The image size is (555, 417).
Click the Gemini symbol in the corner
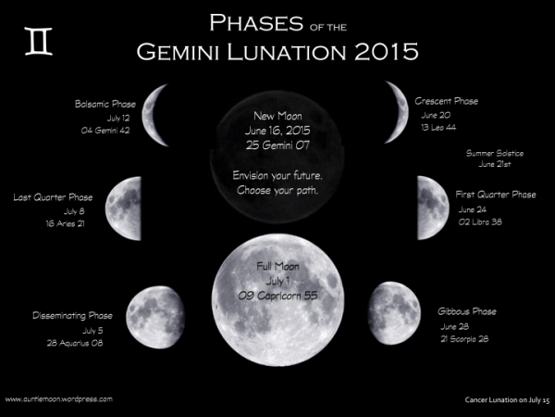click(x=39, y=43)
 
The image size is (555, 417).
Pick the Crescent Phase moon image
click(x=395, y=107)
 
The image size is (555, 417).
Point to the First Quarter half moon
click(x=432, y=208)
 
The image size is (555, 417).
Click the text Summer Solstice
click(x=495, y=152)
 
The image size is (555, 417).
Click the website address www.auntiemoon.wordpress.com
click(x=59, y=398)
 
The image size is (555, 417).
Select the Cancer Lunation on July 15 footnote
click(x=507, y=399)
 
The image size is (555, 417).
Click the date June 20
click(x=435, y=115)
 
